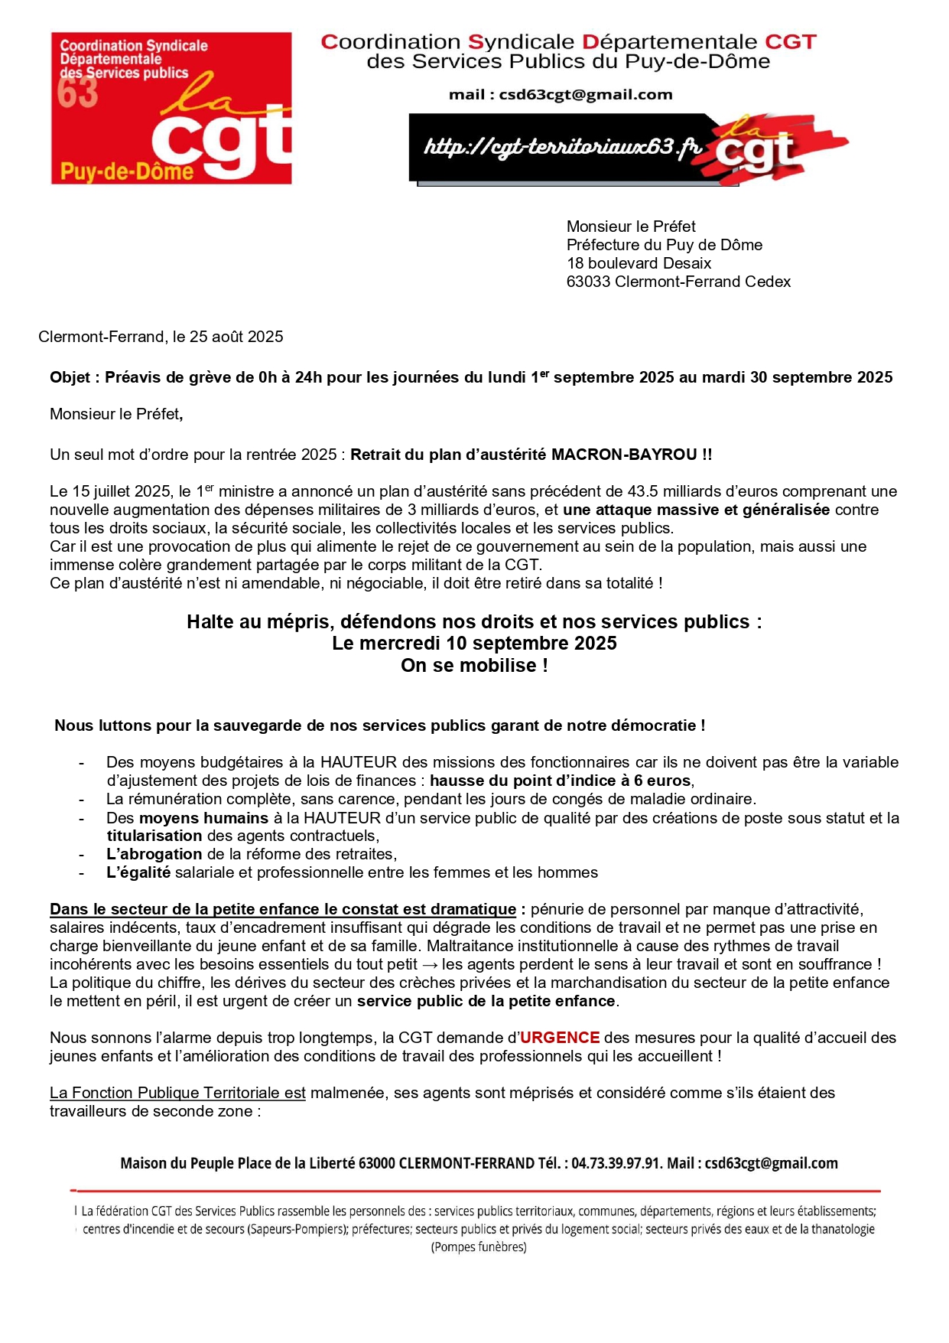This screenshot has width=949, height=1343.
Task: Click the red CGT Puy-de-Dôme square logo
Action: (x=171, y=108)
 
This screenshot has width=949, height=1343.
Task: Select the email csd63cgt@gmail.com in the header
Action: (x=585, y=95)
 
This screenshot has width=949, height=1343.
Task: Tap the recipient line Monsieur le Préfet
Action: (x=631, y=227)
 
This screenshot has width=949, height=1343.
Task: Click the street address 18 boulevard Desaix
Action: (x=639, y=263)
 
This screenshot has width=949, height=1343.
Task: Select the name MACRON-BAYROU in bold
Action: (x=624, y=455)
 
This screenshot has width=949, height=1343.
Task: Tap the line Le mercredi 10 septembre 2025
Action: (x=474, y=644)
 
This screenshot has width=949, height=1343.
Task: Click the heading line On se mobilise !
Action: (x=474, y=666)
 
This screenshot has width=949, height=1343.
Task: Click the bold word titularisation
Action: (x=154, y=836)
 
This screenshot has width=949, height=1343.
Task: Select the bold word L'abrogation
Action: (x=154, y=854)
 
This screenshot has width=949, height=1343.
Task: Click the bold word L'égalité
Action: (x=138, y=872)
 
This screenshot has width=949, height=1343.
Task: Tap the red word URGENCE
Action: (x=560, y=1038)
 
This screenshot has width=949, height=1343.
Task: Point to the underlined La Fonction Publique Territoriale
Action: (x=177, y=1093)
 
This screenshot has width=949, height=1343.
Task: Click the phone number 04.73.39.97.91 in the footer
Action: (x=616, y=1163)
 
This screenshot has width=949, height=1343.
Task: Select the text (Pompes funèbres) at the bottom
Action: (x=479, y=1247)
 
